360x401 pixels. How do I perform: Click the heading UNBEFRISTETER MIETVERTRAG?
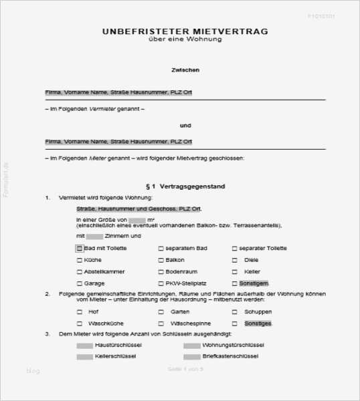pos(185,31)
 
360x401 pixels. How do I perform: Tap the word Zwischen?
pos(185,70)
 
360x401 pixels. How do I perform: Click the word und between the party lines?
pos(185,125)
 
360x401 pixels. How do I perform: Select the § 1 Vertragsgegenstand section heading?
pos(185,186)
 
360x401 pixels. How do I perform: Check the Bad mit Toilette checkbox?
pos(80,249)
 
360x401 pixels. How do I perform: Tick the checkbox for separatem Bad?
pos(161,249)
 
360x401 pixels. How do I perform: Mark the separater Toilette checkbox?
pos(235,249)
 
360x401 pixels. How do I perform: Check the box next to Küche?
pos(80,260)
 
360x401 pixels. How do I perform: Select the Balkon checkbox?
pos(161,260)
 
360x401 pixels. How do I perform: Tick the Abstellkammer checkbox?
pos(80,272)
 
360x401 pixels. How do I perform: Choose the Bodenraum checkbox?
pos(161,272)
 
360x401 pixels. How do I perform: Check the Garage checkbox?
pos(80,283)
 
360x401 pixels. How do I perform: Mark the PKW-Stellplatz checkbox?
pos(161,283)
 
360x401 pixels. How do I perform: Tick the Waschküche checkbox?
pos(80,323)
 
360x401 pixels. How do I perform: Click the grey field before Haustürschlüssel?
pos(85,346)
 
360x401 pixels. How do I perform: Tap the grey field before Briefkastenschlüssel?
pos(191,357)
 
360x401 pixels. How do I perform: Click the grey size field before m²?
pos(137,219)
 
